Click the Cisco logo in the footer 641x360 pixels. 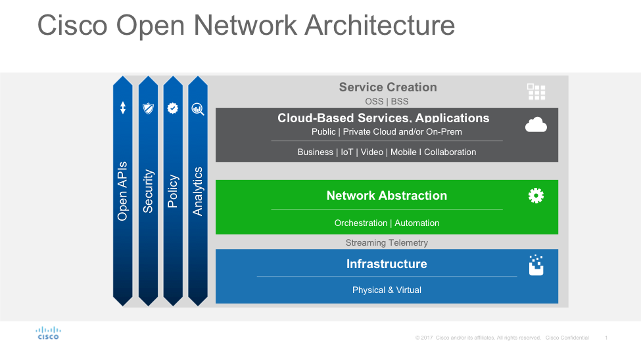coord(47,333)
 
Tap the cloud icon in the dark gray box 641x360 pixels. coord(536,124)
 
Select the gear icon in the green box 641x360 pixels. coord(536,195)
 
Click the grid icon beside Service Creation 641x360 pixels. coord(536,91)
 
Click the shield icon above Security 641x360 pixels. coord(148,108)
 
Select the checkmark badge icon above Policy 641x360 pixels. coord(173,108)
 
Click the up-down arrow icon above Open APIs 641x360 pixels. coord(123,108)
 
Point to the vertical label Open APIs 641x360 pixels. coord(123,191)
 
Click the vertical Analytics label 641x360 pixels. coord(198,191)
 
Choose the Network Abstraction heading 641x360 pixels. coord(387,196)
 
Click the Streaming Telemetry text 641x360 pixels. coord(387,243)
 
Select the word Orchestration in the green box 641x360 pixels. coord(360,223)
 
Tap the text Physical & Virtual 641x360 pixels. coord(387,290)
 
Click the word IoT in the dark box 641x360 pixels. coord(346,152)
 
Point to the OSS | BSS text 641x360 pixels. coord(387,101)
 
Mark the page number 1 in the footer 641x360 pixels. coord(605,338)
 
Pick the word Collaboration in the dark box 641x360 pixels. coord(450,152)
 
